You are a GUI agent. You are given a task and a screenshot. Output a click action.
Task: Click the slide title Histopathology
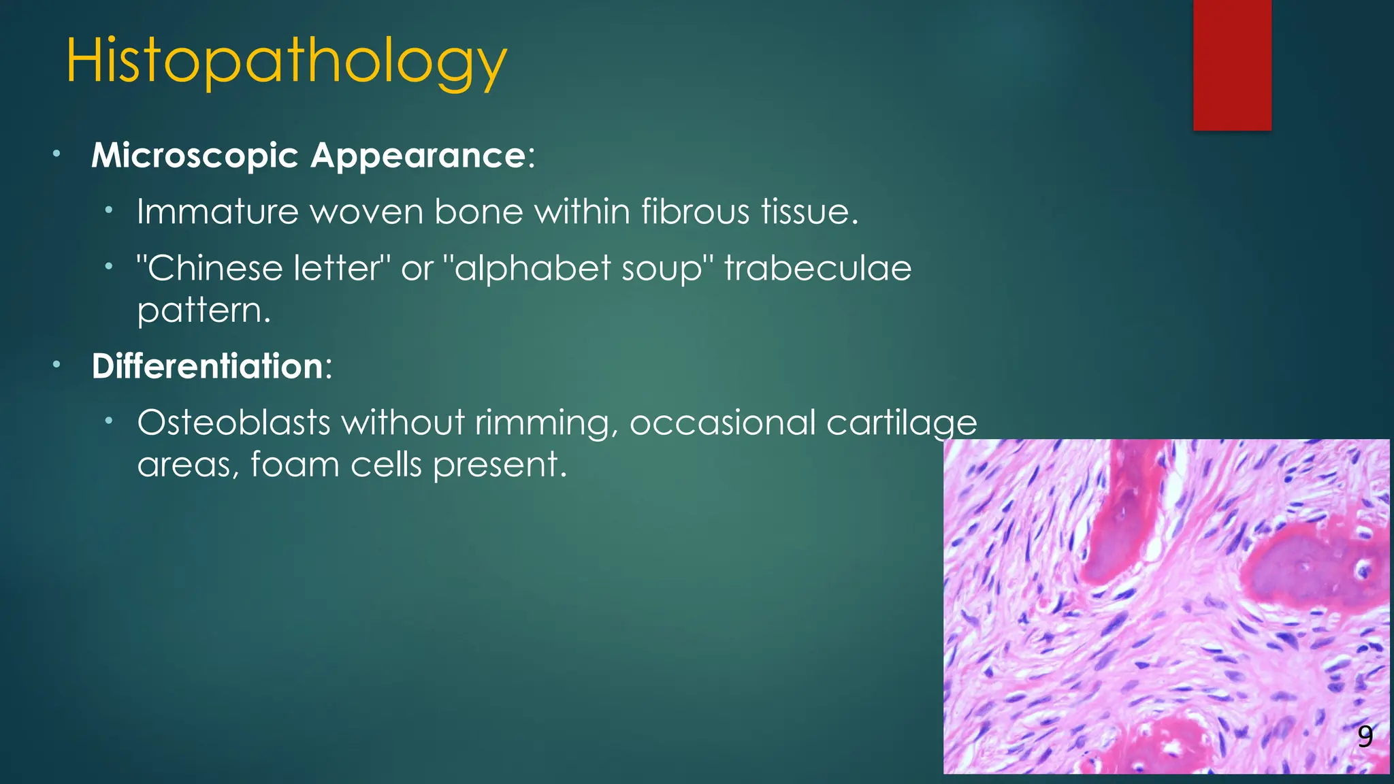286,63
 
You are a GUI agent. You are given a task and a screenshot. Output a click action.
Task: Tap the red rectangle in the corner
1231,65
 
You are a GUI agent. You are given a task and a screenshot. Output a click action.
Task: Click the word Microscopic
195,156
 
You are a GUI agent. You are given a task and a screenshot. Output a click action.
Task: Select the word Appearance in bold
418,156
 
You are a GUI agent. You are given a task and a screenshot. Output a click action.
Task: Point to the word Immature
217,212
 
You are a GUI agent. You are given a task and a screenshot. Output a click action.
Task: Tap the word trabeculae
817,268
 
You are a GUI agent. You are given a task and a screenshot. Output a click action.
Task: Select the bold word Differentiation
208,367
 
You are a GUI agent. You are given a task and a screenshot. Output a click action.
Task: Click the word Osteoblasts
233,423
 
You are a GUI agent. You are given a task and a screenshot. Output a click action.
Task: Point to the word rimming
546,423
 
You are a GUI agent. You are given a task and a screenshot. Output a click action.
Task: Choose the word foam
294,465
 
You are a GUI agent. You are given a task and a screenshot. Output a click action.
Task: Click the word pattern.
203,311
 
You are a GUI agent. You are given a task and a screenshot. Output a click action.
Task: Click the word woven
366,212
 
